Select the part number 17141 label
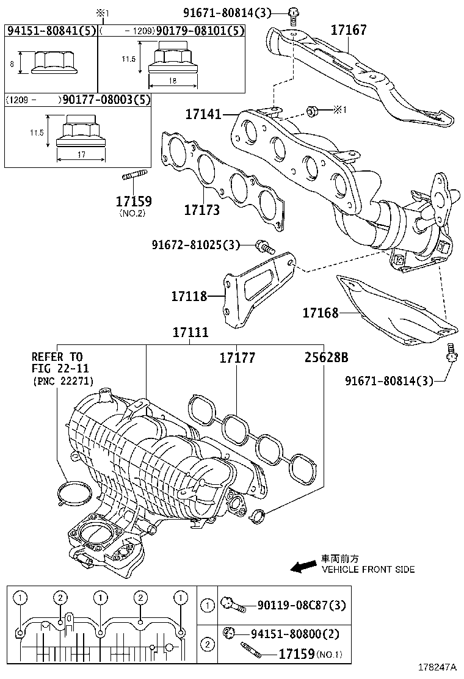(202, 114)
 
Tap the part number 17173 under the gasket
(202, 210)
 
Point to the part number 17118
(189, 296)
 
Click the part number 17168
(321, 313)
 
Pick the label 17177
(237, 357)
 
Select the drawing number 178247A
(437, 668)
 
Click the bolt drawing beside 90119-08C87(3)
(234, 605)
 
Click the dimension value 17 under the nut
(81, 156)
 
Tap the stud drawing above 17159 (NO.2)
(134, 178)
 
